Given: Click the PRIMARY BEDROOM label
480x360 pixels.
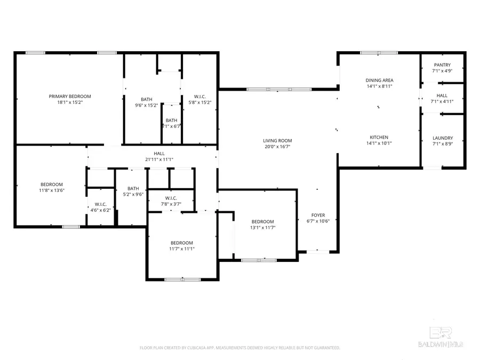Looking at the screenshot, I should tap(70, 97).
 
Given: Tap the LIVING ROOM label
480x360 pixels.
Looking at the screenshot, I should tap(277, 141).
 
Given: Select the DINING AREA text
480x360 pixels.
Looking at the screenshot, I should tap(379, 81).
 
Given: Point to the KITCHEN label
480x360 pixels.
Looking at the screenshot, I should tap(379, 137).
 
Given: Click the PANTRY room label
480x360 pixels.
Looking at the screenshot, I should tap(442, 65).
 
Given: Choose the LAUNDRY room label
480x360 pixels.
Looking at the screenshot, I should tap(442, 138).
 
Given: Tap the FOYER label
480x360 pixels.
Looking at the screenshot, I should tap(318, 215).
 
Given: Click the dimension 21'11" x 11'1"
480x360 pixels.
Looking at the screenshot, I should tap(151, 159).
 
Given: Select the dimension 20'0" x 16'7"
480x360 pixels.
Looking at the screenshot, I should tap(277, 147).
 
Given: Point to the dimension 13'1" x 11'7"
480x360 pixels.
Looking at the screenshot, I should tap(262, 228).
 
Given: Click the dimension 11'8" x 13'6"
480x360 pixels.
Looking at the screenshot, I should tap(52, 190).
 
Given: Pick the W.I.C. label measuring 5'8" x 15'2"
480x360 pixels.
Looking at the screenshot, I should tap(199, 97).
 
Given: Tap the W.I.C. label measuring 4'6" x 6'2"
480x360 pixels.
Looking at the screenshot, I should tap(101, 204).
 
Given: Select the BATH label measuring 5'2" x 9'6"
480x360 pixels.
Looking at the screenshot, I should tap(133, 188).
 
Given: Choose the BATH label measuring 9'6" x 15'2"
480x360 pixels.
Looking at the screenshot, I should tap(147, 99).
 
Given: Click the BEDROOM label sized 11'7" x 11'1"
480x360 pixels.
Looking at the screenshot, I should tap(181, 243).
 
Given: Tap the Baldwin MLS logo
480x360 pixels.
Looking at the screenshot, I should tap(441, 337).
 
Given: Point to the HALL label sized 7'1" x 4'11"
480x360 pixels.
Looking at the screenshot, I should tap(442, 95).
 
